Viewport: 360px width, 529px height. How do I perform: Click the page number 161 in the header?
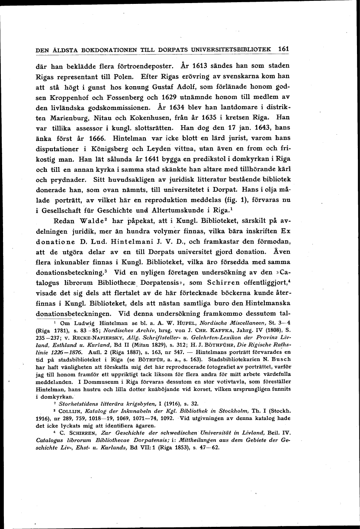[284, 49]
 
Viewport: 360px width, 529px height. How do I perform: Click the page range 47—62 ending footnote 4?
[209, 448]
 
